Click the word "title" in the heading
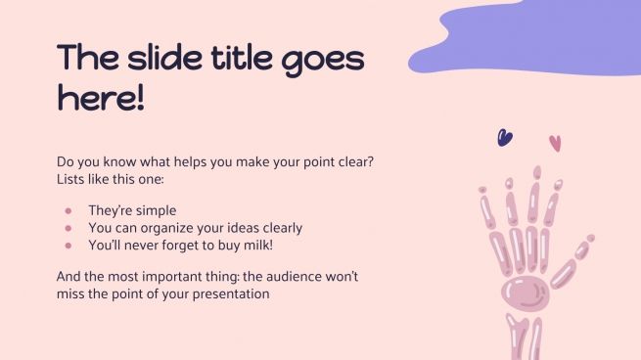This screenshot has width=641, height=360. coord(227,60)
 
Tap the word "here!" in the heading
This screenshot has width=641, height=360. coord(101,98)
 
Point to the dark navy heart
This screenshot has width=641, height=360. coord(505,138)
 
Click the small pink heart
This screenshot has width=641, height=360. coord(555,143)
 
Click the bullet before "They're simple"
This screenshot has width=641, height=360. coord(68,210)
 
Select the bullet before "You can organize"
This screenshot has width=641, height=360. coord(68,227)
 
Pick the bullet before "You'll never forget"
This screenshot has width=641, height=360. coord(68,245)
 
